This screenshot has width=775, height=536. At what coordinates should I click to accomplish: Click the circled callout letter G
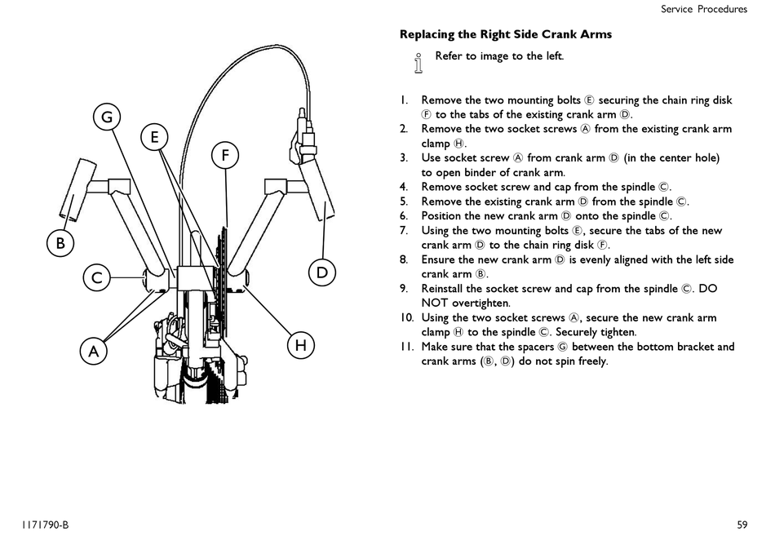pos(107,117)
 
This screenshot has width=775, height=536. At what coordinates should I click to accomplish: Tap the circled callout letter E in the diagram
pos(154,136)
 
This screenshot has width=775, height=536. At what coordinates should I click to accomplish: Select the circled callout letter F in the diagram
pos(225,155)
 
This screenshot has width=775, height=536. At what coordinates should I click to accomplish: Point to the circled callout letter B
pos(60,243)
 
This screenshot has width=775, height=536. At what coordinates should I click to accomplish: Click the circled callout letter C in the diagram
pos(97,277)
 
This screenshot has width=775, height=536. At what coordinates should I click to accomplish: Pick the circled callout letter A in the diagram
pos(94,352)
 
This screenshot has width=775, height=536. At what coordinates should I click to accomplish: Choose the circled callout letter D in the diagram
pos(322,272)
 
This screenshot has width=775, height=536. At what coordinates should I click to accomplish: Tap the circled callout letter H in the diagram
pos(300,345)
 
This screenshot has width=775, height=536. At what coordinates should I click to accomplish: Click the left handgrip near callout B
pos(77,190)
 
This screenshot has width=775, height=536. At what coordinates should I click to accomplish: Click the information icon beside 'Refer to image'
pos(418,64)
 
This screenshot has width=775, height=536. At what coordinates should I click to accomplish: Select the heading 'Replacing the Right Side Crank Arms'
pos(506,34)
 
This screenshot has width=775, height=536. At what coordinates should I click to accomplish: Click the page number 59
pos(742,525)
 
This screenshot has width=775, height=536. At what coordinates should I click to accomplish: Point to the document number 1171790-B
pos(45,525)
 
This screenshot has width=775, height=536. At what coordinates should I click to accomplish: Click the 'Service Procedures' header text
pos(704,9)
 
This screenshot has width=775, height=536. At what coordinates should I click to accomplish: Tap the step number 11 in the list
pos(406,347)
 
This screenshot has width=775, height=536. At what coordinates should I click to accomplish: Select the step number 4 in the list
pos(404,187)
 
